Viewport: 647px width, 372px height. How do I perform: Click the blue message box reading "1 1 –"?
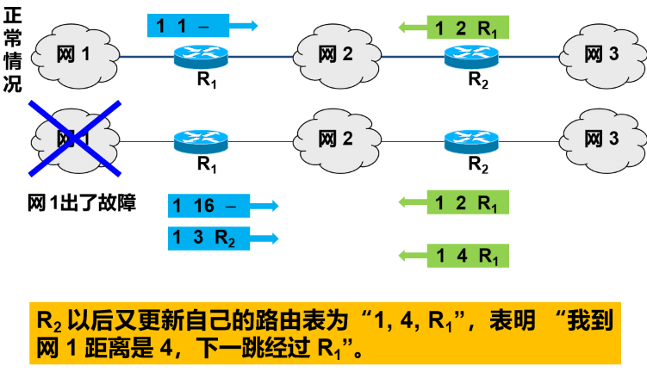point(190,25)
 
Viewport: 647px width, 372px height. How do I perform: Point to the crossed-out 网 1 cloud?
point(72,138)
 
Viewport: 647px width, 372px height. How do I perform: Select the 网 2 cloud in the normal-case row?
point(335,56)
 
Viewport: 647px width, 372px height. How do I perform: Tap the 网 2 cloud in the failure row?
point(335,139)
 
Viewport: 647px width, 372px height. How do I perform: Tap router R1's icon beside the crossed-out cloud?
point(201,139)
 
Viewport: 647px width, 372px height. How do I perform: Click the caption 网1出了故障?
point(82,204)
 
